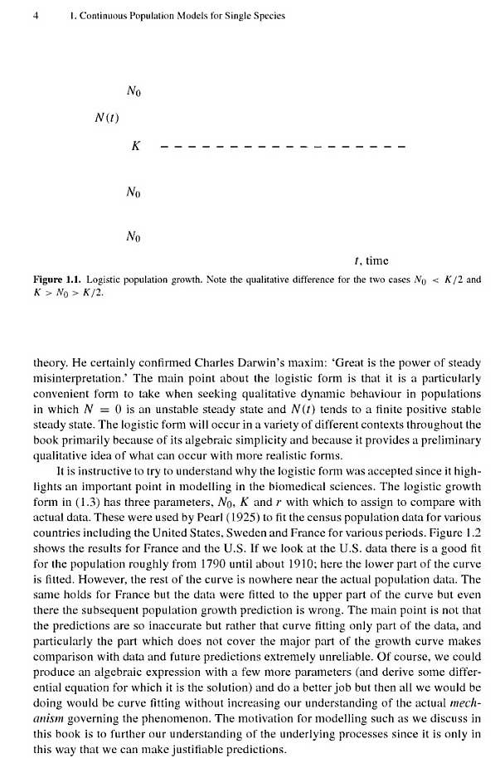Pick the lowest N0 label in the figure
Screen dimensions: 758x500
[134, 239]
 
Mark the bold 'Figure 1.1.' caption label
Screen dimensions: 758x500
[56, 280]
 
